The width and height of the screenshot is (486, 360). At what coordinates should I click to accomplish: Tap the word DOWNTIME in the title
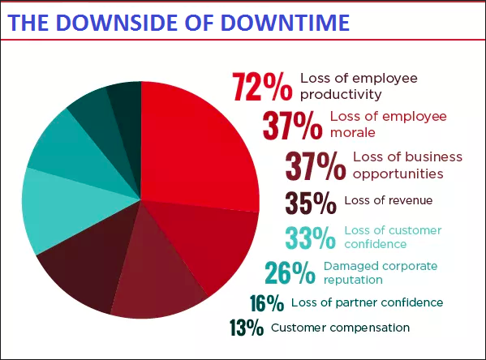286,23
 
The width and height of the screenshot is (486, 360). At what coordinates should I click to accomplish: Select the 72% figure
262,87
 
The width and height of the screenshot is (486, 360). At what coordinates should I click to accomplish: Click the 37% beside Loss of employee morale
292,126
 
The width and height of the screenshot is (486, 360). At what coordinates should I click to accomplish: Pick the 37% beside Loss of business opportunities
316,166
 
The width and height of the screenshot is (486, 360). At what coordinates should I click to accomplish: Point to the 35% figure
311,203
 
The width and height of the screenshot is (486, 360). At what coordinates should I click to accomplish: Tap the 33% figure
310,238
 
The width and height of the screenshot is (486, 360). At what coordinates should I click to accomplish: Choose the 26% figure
290,273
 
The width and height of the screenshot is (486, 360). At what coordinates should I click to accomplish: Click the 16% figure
267,303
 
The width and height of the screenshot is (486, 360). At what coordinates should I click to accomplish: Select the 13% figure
247,328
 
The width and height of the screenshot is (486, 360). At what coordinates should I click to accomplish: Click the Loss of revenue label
389,200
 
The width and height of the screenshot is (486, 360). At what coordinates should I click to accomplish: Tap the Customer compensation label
340,328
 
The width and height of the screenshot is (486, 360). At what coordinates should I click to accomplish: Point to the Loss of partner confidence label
367,302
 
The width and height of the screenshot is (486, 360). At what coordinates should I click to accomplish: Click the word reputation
353,280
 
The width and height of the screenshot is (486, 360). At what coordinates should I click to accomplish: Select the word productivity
341,95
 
